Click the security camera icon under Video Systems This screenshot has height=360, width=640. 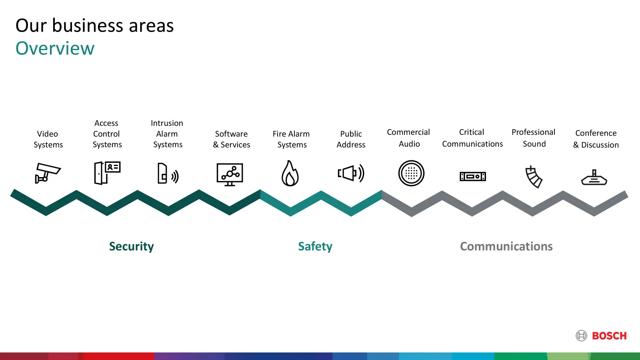[x=48, y=173]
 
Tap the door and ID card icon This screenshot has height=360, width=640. [x=107, y=173]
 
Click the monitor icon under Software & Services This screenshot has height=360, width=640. [x=230, y=174]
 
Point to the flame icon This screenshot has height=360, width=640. [x=290, y=173]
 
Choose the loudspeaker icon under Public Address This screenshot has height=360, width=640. [x=351, y=173]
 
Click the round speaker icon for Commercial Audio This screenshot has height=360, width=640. [x=412, y=173]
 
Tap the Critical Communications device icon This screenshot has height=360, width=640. [x=472, y=176]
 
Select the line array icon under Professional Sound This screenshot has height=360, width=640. [x=534, y=177]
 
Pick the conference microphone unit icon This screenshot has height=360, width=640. [x=594, y=178]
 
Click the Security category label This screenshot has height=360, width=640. [x=132, y=246]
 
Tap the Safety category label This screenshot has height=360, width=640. [x=315, y=246]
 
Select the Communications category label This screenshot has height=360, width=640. [x=506, y=246]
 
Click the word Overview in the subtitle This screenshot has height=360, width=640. [x=55, y=48]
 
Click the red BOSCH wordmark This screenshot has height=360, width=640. [x=609, y=336]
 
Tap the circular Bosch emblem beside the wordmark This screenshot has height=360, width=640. [x=582, y=336]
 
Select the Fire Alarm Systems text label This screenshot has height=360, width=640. [x=291, y=139]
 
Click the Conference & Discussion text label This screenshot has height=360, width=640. [x=596, y=139]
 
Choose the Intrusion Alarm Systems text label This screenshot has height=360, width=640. [x=167, y=134]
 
